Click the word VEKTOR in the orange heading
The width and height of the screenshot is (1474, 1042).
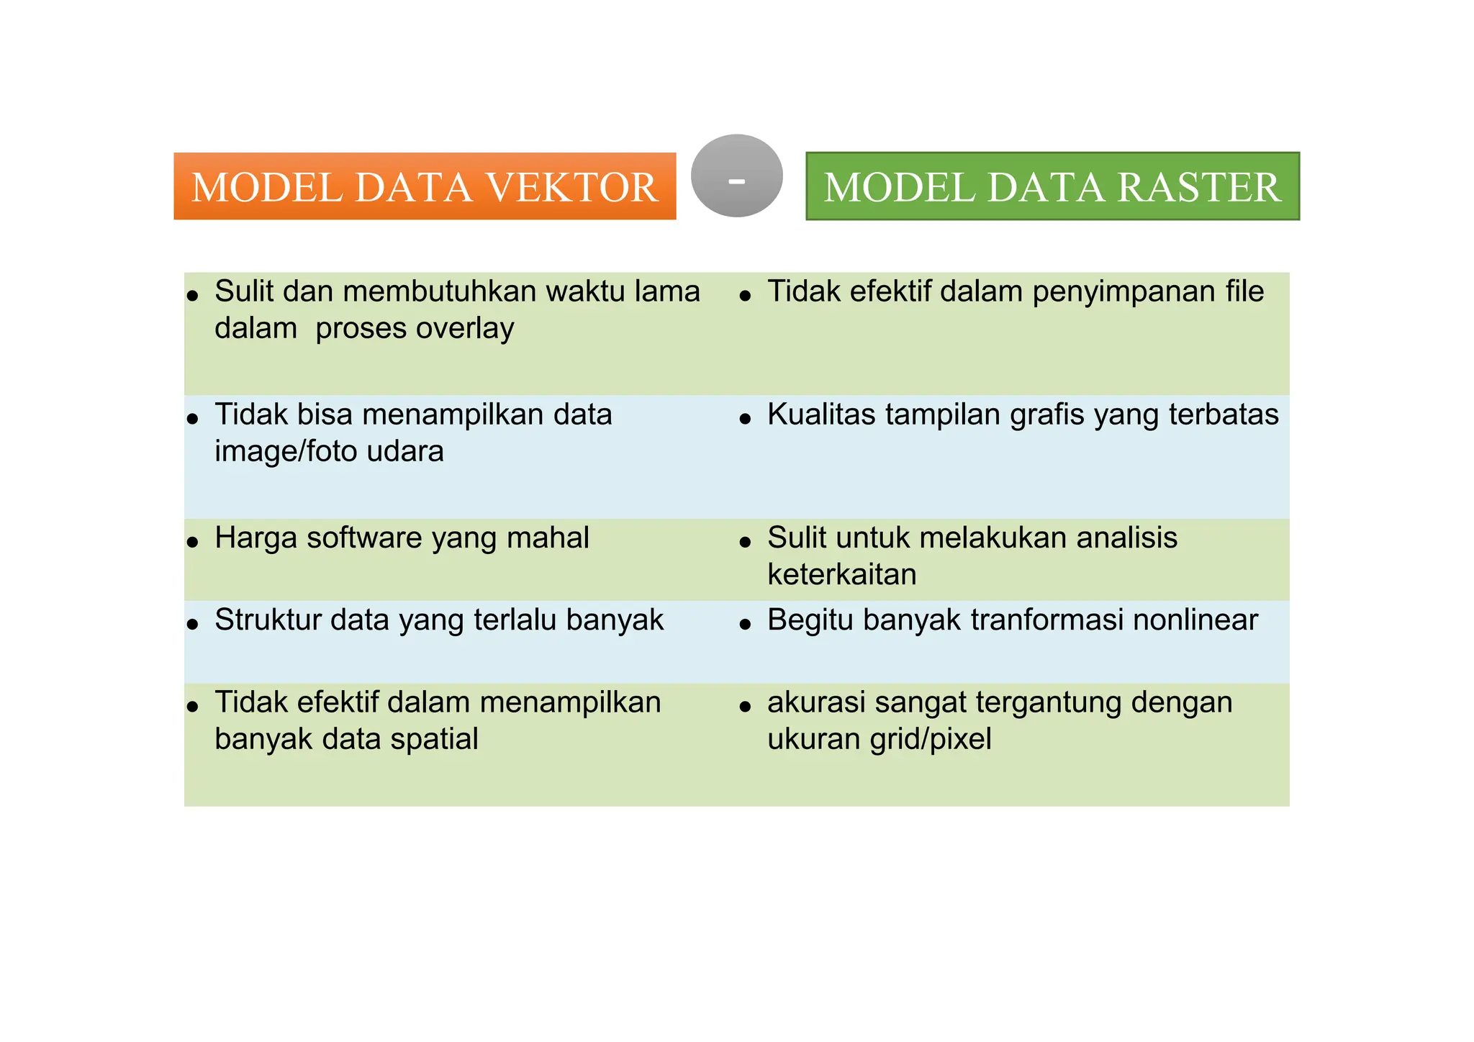[x=572, y=188]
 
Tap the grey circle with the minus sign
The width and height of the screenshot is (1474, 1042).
[x=736, y=176]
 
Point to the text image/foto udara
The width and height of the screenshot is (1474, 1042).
[x=329, y=452]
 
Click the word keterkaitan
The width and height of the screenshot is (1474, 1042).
[x=841, y=575]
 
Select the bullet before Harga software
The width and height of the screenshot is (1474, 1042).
[x=192, y=542]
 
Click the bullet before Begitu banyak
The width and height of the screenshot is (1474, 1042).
[x=745, y=624]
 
